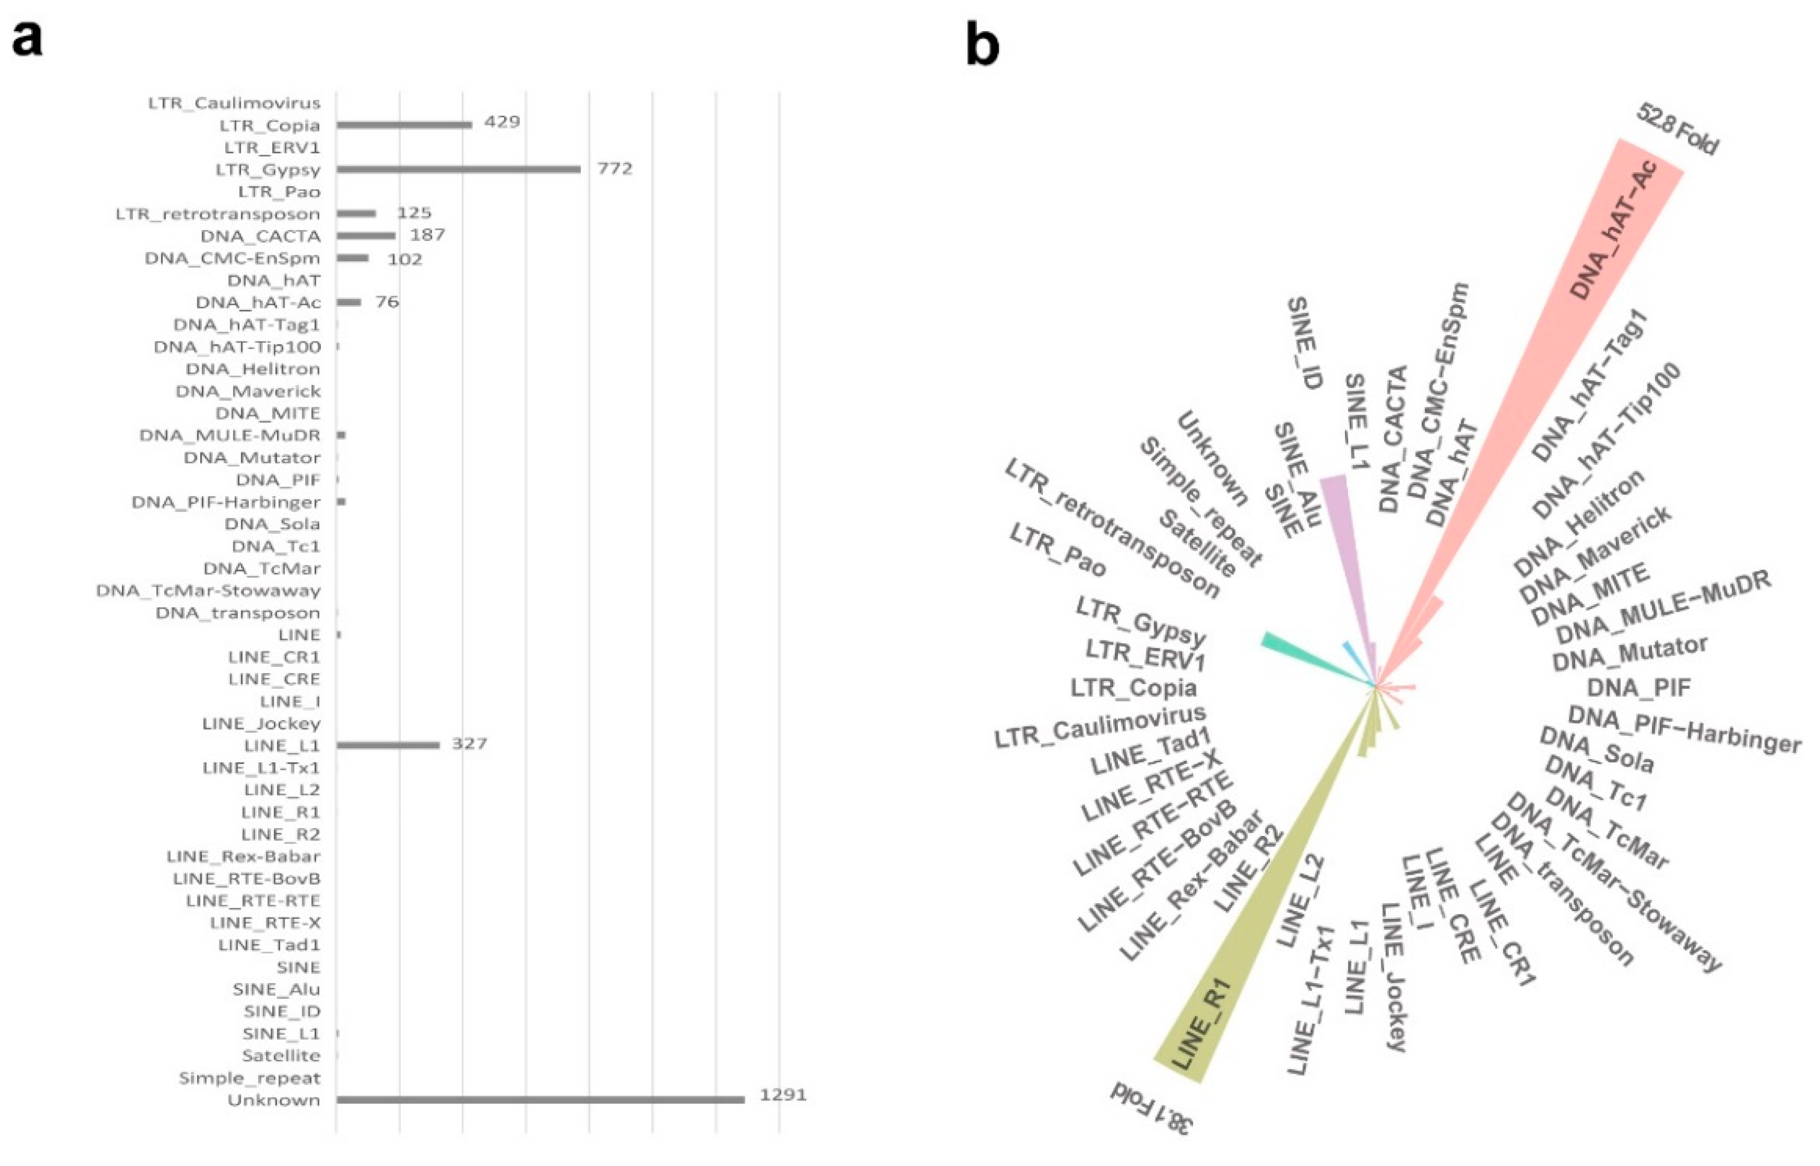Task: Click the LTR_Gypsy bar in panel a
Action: [x=458, y=169]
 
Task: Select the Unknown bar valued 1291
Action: [x=540, y=1099]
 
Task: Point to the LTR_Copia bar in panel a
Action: [x=404, y=125]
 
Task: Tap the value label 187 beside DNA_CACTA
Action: [x=427, y=235]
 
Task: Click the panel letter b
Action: [x=982, y=46]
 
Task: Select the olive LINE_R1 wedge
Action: [x=1242, y=962]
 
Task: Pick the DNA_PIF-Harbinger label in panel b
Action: [x=1684, y=729]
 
